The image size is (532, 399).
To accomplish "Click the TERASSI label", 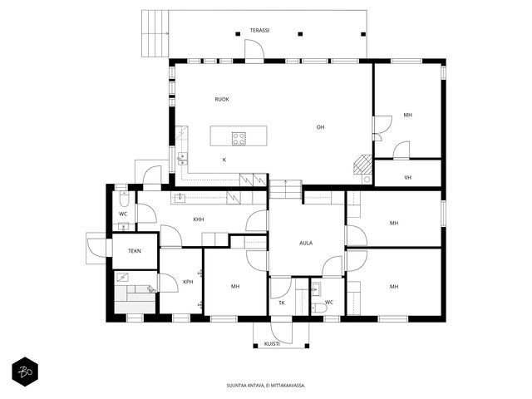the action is pos(259,31).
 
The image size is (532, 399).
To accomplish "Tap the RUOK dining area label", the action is pos(222,100).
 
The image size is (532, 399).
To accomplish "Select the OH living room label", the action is pos(320,127).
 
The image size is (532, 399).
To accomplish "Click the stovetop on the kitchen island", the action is pos(239,139).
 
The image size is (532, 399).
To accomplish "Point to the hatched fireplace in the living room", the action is pos(362,165).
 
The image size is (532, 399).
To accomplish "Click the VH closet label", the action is pos(408,177).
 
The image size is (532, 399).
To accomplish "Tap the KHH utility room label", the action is pos(199,219).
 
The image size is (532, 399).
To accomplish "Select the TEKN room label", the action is pos(135,251).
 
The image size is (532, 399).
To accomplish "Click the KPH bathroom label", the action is pos(188,282).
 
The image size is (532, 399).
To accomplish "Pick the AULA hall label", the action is pos(306,243).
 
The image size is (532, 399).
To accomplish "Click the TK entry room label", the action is pos(282,303).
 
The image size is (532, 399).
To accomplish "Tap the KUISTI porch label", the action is pos(272,343).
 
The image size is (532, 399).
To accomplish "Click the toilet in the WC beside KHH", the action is pos(124,199).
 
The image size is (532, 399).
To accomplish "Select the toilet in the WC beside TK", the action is pos(319,308).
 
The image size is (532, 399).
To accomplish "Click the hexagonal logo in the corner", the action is pos(25,372).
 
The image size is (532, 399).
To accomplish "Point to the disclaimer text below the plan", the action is pos(266,386).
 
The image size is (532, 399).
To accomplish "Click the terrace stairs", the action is pos(155,33).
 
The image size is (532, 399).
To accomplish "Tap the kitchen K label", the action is pos(224,160).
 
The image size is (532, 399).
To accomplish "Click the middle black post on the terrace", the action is pos(300,34).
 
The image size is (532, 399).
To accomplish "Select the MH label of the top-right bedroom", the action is pos(408,115).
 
